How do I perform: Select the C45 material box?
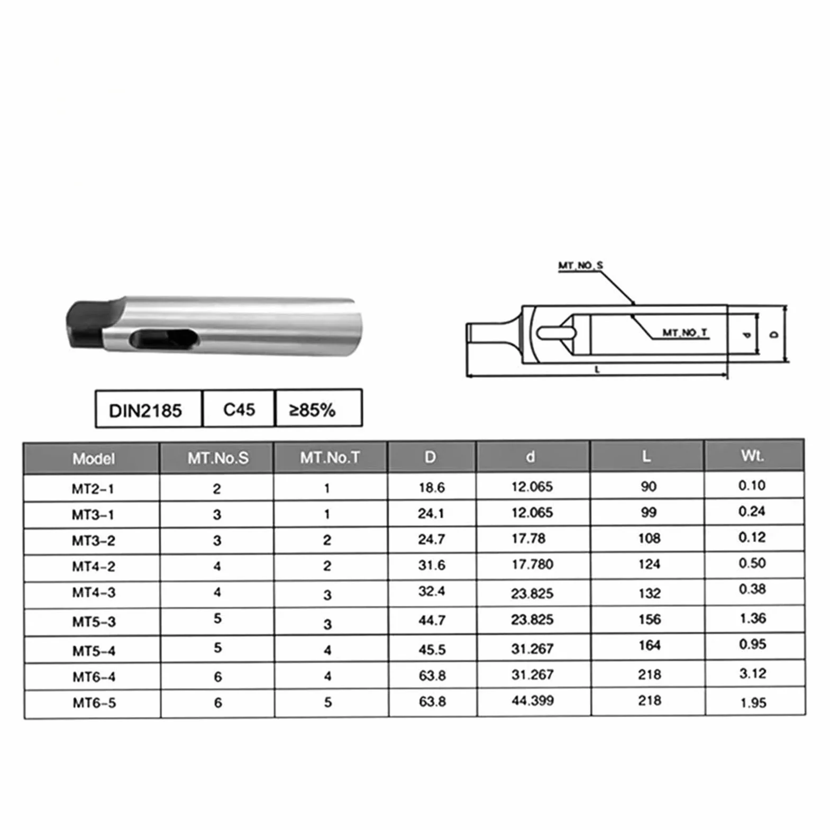click(239, 409)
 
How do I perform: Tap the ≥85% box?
click(318, 408)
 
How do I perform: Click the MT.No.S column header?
click(217, 458)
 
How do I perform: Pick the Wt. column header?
click(752, 455)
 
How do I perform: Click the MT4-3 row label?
click(94, 592)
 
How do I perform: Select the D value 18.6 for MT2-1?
click(432, 487)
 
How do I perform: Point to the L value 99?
click(649, 512)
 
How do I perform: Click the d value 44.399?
click(532, 700)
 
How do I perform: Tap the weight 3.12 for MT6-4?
click(752, 673)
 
